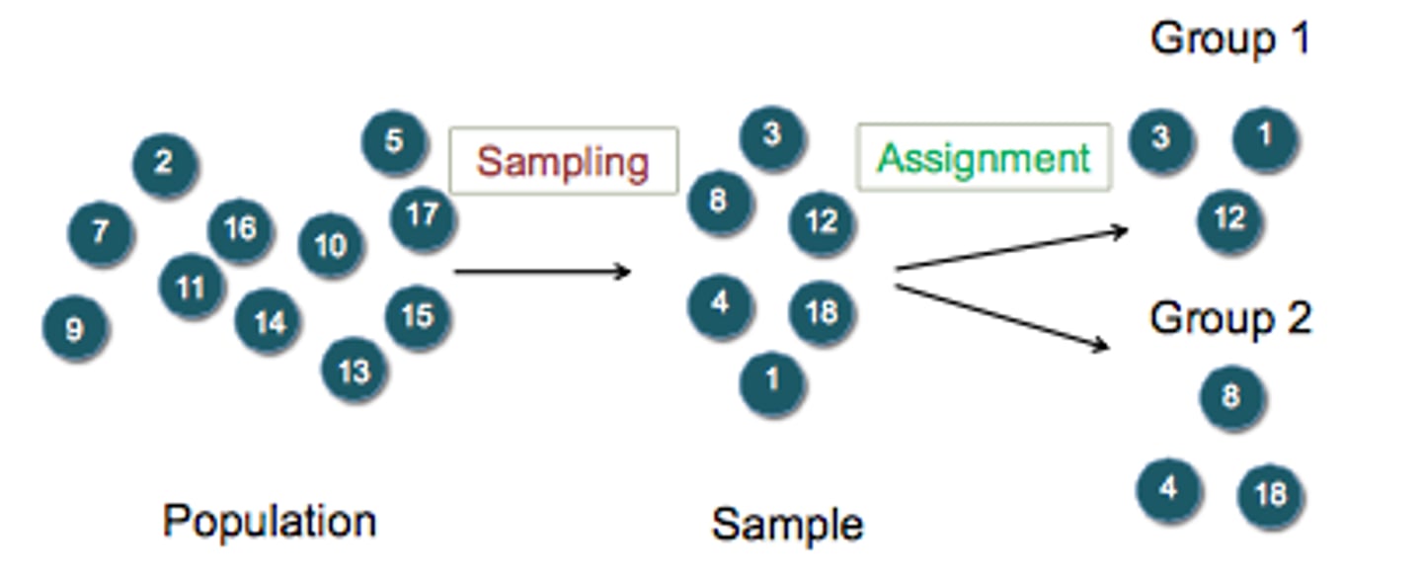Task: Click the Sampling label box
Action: click(x=563, y=160)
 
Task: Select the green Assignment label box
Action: click(x=984, y=158)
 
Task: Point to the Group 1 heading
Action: click(x=1229, y=40)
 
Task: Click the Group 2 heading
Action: click(x=1229, y=318)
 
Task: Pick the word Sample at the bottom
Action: click(x=787, y=525)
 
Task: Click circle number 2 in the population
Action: click(x=165, y=163)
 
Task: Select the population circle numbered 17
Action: click(x=423, y=215)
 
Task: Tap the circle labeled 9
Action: click(x=75, y=328)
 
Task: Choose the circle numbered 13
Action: click(x=354, y=371)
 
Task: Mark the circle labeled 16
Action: click(x=240, y=229)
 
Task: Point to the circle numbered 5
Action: click(x=394, y=141)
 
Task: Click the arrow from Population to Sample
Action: click(x=541, y=271)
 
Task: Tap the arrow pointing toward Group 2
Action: click(x=1001, y=316)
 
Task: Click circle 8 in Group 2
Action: click(x=1231, y=397)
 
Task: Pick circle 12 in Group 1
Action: click(x=1229, y=218)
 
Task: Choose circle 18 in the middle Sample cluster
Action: click(x=821, y=312)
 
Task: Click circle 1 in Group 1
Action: click(x=1264, y=136)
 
